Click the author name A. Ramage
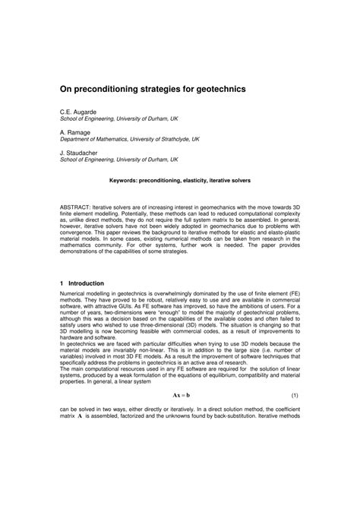[74, 132]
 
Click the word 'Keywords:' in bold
[129, 181]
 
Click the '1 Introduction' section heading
[87, 283]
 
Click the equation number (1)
[294, 438]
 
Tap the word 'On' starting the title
[66, 89]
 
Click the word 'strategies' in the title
[166, 89]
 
